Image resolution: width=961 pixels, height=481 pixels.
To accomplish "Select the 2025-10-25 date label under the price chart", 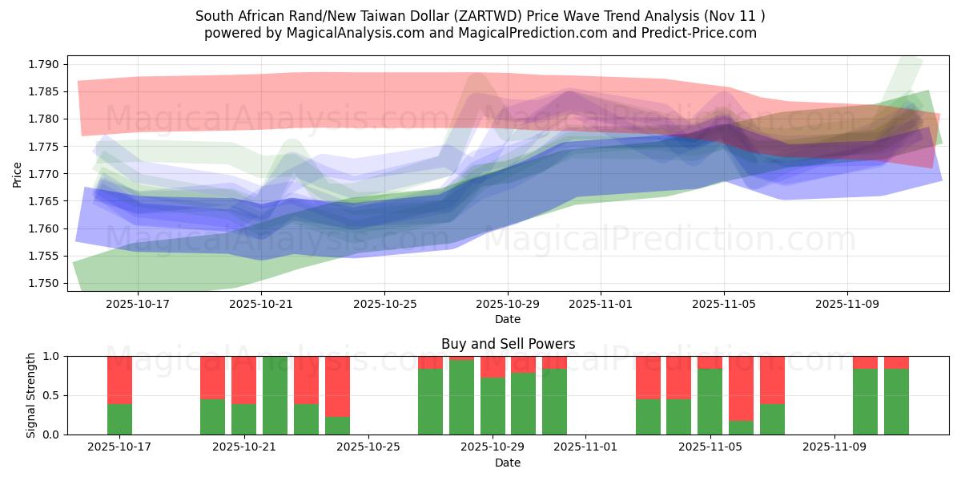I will click(x=384, y=305).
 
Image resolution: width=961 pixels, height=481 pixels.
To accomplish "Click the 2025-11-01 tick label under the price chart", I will click(x=601, y=305).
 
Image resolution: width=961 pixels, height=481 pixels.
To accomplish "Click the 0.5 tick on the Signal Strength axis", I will click(x=52, y=395).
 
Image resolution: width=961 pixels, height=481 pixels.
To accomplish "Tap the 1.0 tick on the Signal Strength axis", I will click(x=52, y=356).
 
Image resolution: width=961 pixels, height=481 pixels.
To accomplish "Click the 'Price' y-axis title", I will click(x=18, y=174).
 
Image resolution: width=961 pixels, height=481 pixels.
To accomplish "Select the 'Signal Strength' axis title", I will click(x=31, y=395).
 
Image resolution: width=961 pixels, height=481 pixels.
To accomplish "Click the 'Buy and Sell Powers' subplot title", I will click(x=508, y=344).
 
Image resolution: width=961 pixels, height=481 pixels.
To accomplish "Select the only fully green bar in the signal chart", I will click(x=275, y=395).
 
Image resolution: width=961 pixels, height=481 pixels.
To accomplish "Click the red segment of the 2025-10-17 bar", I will click(x=119, y=379).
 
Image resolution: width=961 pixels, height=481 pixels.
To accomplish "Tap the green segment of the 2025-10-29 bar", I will click(x=493, y=406).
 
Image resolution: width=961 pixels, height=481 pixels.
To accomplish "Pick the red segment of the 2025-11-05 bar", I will click(x=710, y=362).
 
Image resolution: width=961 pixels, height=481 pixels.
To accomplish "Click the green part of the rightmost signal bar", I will click(x=896, y=402).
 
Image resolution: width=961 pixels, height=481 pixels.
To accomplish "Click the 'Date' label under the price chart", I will click(x=508, y=319).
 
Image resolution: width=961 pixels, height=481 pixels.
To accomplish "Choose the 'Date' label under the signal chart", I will click(x=508, y=463).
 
